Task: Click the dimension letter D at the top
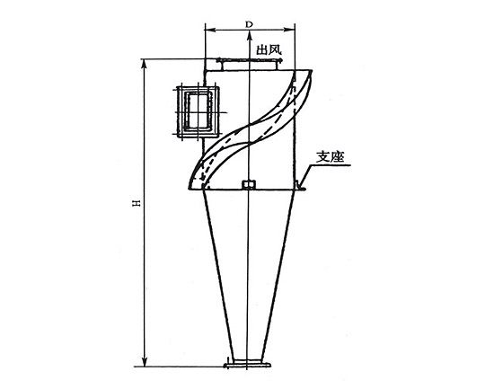[250, 24]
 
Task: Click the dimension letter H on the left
[137, 203]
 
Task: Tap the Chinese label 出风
[269, 49]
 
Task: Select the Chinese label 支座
[330, 157]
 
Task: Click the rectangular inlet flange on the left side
[198, 112]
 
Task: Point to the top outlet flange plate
[249, 60]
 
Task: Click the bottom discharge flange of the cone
[247, 366]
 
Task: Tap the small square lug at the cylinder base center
[249, 184]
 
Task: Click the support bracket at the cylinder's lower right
[300, 185]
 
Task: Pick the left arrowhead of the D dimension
[209, 30]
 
